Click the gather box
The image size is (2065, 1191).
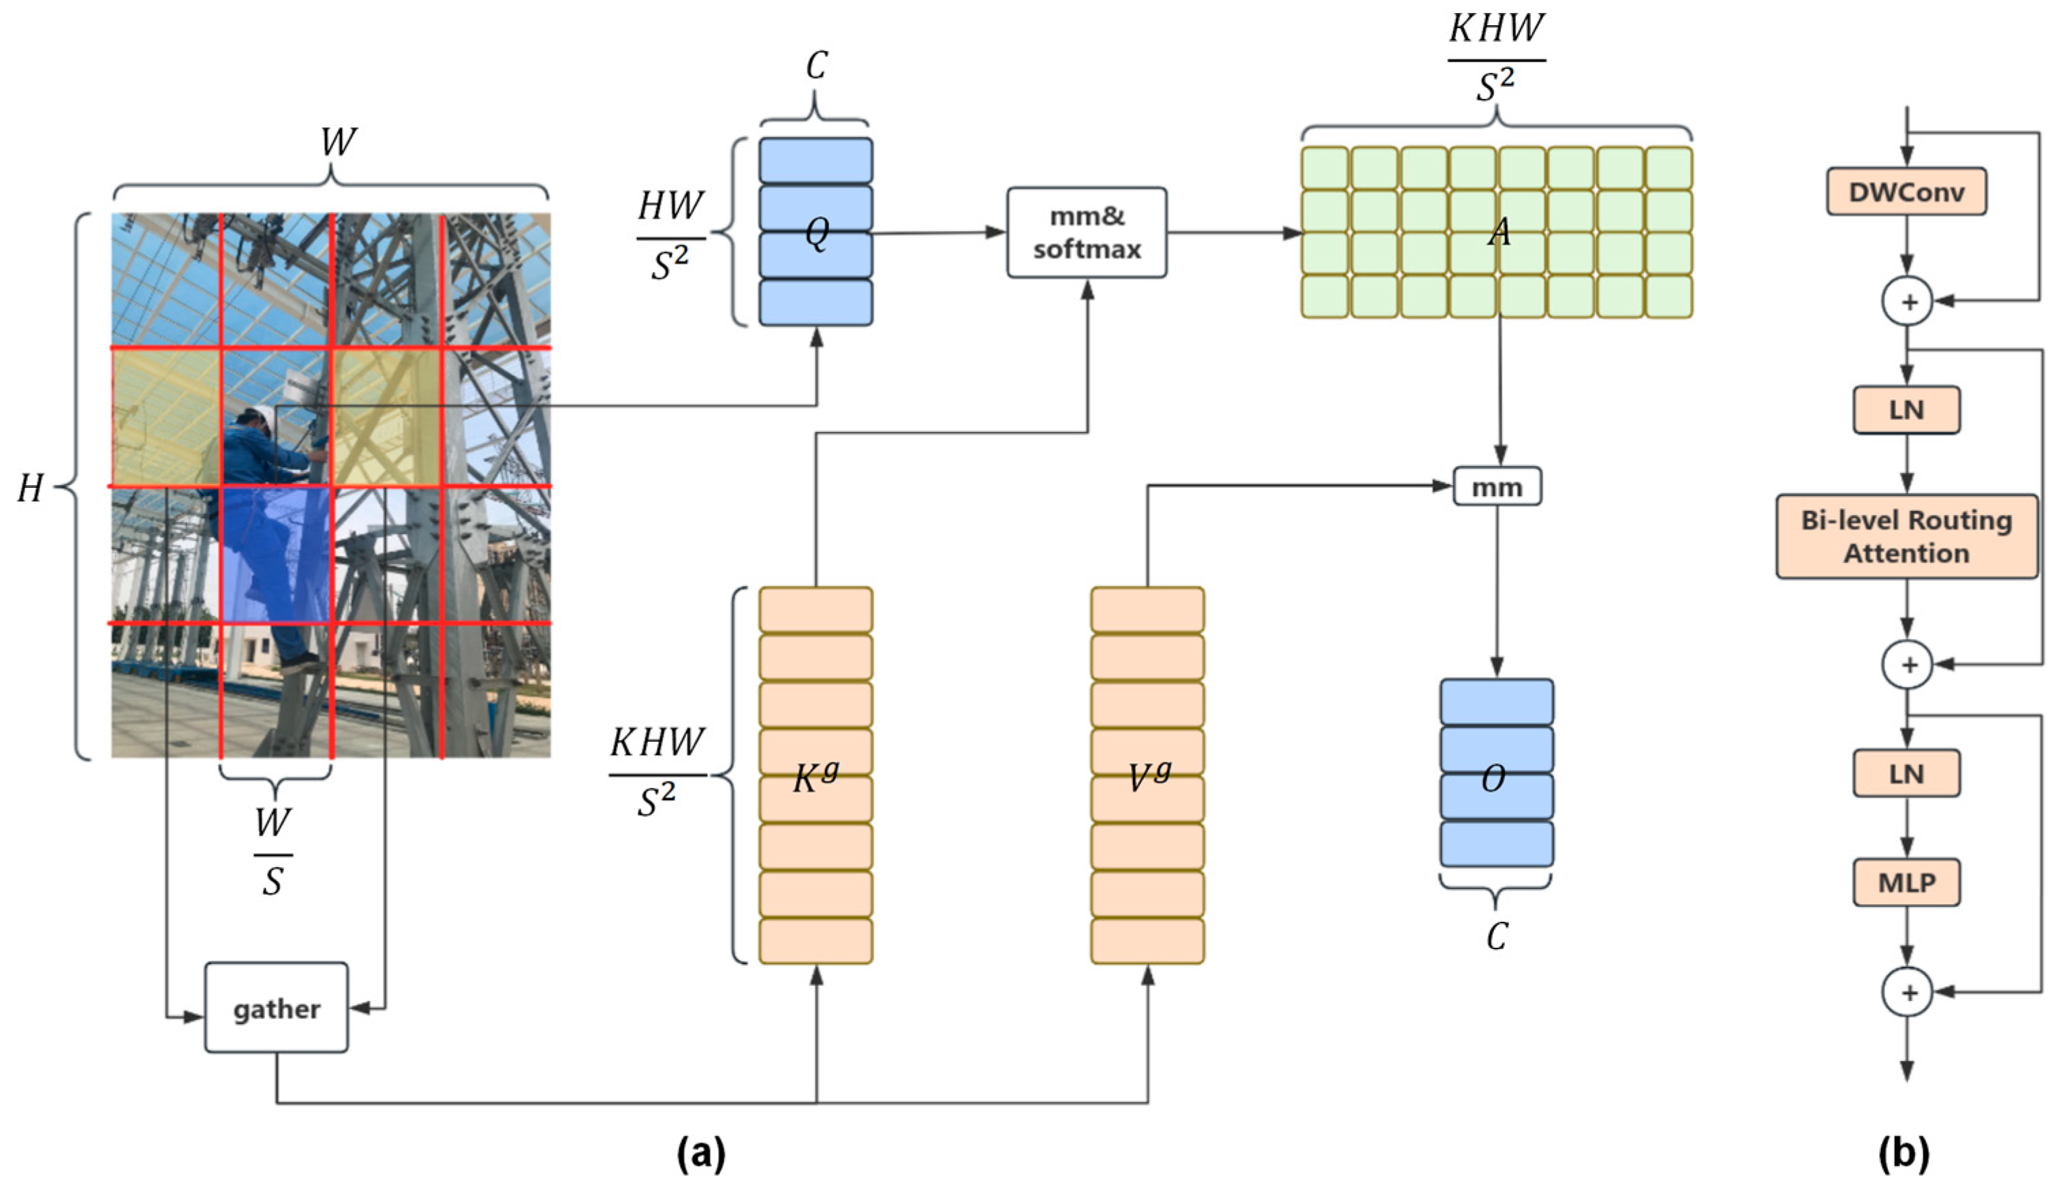click(x=277, y=1008)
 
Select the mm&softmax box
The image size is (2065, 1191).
click(x=1086, y=233)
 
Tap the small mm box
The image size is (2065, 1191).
click(x=1497, y=486)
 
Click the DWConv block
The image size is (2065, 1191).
click(x=1906, y=192)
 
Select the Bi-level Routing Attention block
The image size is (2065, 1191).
click(x=1906, y=537)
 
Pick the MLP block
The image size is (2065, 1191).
click(x=1906, y=882)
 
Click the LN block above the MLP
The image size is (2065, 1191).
click(x=1906, y=773)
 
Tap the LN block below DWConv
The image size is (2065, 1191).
click(x=1906, y=409)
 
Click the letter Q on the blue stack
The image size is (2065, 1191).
click(x=817, y=234)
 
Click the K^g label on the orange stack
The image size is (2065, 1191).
click(x=816, y=778)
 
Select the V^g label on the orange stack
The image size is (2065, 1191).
click(x=1147, y=778)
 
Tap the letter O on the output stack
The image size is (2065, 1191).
click(x=1493, y=779)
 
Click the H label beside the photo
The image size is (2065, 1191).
click(x=30, y=489)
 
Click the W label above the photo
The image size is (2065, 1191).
click(x=337, y=142)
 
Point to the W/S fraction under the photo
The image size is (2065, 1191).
click(x=273, y=852)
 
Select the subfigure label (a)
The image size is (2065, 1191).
click(x=701, y=1154)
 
